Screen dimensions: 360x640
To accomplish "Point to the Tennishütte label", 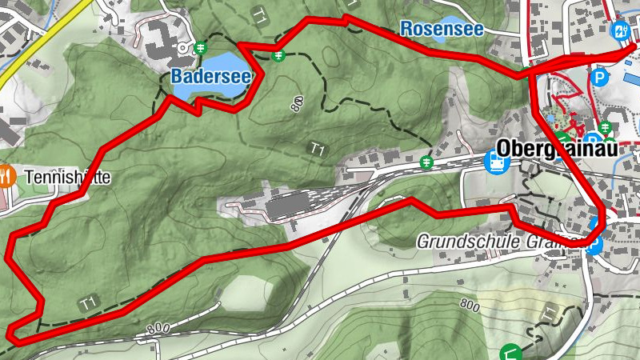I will [67, 176].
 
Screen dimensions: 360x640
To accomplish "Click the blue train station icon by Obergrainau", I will [497, 163].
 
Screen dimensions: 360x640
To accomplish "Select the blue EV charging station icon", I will [620, 30].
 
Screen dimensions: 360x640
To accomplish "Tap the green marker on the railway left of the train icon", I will [428, 163].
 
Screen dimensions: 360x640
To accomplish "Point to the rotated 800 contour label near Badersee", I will [298, 102].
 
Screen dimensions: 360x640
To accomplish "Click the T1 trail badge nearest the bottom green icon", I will [549, 312].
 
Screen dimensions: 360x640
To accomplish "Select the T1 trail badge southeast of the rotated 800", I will [318, 149].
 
